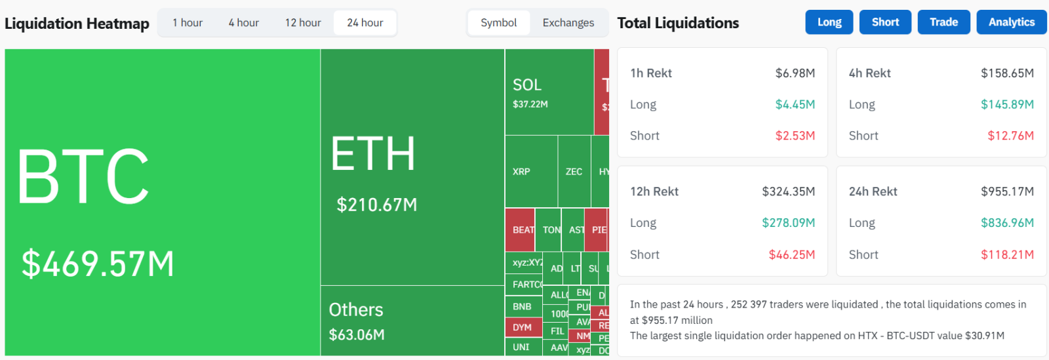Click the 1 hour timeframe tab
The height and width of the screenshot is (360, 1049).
click(188, 23)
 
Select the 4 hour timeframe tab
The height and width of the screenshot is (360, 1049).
click(243, 23)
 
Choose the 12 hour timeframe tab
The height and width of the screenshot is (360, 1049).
click(303, 23)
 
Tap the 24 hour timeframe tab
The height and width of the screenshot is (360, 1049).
click(365, 23)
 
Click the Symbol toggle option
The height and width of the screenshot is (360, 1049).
click(498, 23)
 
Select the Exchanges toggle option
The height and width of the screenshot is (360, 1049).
click(568, 23)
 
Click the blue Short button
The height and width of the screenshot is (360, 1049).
click(885, 22)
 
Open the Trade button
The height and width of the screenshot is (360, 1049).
click(943, 22)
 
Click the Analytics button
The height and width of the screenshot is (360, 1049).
click(1012, 22)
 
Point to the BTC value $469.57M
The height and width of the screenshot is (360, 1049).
click(98, 264)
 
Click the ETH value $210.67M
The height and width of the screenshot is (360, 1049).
click(377, 205)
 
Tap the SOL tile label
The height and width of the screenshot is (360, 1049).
click(527, 85)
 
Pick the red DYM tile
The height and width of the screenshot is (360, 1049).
click(523, 327)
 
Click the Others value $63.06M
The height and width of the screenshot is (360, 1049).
click(357, 335)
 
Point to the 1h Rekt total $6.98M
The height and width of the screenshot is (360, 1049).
click(795, 73)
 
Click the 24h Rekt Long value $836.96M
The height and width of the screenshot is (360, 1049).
click(1007, 223)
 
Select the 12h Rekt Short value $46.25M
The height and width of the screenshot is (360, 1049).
click(791, 254)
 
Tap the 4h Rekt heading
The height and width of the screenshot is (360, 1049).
click(869, 73)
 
